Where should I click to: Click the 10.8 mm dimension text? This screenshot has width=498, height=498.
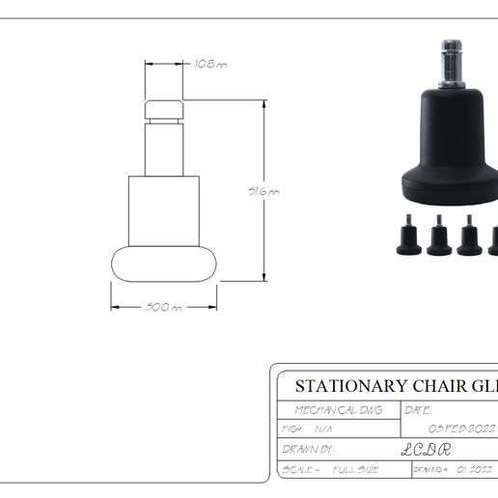(209, 64)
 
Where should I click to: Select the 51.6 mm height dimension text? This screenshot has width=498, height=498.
(263, 191)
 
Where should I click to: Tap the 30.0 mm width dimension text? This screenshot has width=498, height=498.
(163, 307)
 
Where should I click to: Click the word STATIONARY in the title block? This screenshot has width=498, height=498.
(350, 387)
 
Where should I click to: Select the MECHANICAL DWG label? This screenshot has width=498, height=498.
(337, 410)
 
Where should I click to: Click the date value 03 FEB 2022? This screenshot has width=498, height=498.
(460, 429)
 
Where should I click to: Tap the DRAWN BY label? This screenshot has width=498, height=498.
(309, 449)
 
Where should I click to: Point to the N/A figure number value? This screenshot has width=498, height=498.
(323, 429)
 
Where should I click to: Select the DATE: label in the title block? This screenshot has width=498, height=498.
(419, 410)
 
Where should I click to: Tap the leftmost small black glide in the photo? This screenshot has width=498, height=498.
(406, 239)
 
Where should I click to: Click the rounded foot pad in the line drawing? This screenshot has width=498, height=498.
(164, 263)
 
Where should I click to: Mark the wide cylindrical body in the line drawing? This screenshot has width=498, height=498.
(164, 209)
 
